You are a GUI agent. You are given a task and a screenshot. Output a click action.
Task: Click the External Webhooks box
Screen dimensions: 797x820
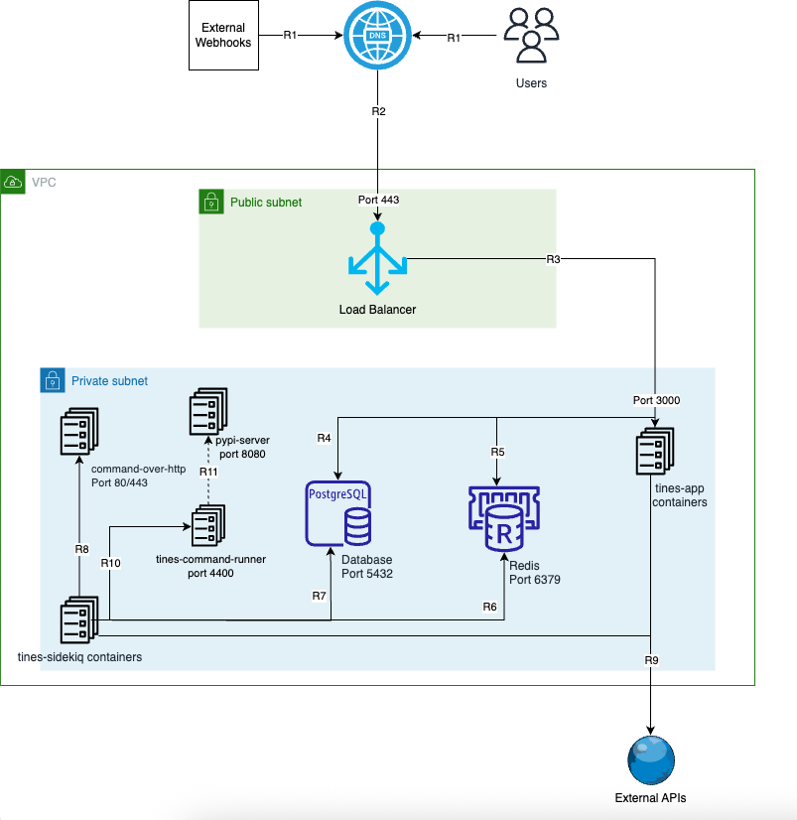pos(223,35)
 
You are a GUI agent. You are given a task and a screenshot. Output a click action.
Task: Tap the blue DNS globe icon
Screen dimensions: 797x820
pos(377,35)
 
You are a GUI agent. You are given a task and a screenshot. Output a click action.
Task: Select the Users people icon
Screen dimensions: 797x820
pos(531,35)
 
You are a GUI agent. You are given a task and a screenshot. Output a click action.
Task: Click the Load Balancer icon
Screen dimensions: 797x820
pos(377,258)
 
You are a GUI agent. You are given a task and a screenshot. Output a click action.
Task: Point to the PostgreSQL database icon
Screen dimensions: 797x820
pos(338,513)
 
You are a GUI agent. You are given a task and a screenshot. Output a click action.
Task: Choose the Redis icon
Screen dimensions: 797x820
pos(504,519)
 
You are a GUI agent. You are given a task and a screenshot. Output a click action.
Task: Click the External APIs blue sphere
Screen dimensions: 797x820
pos(650,760)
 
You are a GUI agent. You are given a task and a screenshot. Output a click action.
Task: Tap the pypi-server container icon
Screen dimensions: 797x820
pos(208,411)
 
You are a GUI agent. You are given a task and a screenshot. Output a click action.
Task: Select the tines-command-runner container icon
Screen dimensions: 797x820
pos(208,525)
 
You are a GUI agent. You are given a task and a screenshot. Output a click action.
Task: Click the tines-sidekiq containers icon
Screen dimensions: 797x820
pos(79,619)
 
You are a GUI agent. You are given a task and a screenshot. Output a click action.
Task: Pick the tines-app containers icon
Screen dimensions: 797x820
pos(655,451)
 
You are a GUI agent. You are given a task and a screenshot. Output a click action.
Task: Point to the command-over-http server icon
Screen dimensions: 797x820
pos(79,432)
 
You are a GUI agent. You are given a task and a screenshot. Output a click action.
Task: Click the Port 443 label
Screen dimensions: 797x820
pos(378,200)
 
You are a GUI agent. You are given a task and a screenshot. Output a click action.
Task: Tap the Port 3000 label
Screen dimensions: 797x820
pos(656,401)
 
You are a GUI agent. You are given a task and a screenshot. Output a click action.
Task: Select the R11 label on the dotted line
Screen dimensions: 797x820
pos(208,472)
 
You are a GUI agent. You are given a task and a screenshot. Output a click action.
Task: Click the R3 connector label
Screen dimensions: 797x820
pos(553,259)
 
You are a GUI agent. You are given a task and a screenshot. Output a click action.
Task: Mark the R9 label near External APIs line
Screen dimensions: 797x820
pos(652,660)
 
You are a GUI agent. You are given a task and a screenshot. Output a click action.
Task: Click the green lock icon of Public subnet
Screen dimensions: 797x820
pos(211,202)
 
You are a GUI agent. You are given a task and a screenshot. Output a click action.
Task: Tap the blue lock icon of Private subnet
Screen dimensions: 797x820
pos(53,380)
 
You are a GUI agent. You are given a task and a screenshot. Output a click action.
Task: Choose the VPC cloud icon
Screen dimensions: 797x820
pos(13,182)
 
